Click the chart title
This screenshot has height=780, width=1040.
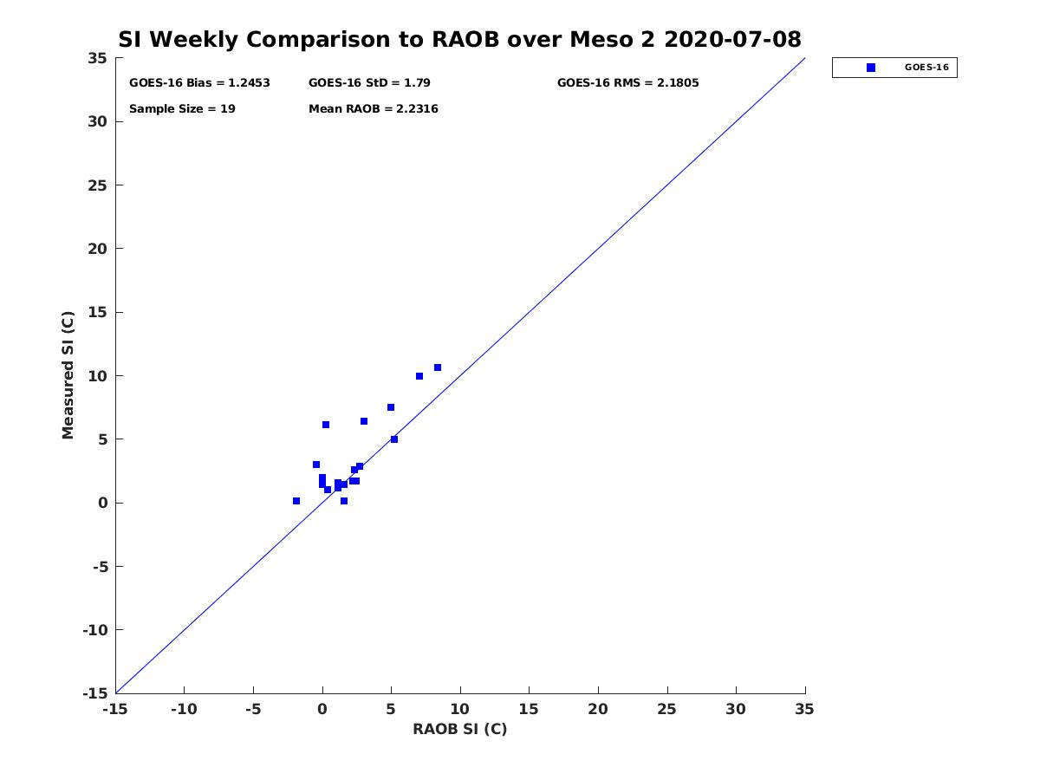(x=459, y=39)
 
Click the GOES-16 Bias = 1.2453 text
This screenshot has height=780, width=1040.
(x=199, y=83)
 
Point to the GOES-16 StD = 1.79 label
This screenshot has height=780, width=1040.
(x=369, y=83)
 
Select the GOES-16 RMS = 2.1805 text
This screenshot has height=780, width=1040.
(x=627, y=83)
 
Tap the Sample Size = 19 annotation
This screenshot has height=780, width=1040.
(x=182, y=109)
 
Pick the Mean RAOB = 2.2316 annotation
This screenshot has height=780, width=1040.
(x=373, y=109)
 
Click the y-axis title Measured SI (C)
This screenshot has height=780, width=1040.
(x=68, y=375)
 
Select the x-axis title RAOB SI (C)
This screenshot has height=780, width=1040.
(x=459, y=729)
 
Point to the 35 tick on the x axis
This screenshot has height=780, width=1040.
(x=804, y=709)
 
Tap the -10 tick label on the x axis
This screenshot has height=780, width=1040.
(x=183, y=709)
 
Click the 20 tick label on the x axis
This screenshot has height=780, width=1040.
(x=598, y=709)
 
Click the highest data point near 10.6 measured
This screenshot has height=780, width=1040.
(x=438, y=367)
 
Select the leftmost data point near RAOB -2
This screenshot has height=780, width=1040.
(x=296, y=501)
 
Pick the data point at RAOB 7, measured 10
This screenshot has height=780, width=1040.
(x=419, y=376)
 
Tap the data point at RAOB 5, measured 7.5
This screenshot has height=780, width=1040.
(x=391, y=407)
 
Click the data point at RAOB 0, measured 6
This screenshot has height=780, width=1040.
(x=326, y=425)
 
